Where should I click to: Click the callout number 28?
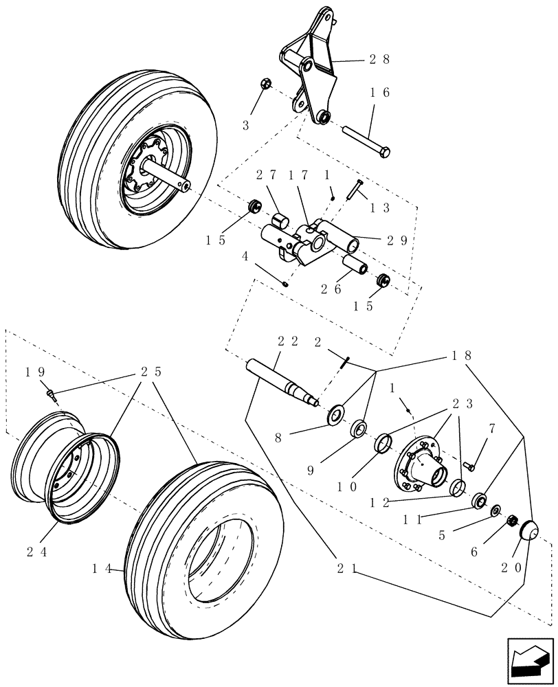[x=379, y=60]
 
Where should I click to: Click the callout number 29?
[x=397, y=240]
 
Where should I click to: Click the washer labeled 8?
[x=337, y=415]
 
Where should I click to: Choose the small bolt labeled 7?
[x=470, y=466]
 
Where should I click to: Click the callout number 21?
[x=347, y=568]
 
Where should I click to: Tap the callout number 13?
[x=381, y=207]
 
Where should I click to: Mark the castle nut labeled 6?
[x=511, y=523]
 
